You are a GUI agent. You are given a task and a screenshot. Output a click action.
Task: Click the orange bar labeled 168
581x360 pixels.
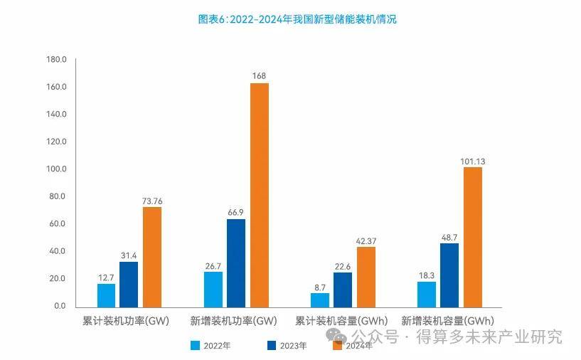point(259,194)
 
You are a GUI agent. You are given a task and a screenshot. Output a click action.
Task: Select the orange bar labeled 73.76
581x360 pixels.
point(152,256)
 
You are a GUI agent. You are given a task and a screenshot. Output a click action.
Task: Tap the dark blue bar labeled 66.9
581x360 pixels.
point(236,263)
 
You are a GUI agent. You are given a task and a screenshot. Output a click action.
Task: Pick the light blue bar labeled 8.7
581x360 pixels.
point(320,300)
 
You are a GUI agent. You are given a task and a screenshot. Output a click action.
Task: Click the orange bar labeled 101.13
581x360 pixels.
point(472,236)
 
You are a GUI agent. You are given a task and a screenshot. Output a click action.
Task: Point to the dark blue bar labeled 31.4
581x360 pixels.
point(129,284)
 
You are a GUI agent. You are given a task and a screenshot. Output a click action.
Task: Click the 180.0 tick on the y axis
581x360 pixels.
point(55,60)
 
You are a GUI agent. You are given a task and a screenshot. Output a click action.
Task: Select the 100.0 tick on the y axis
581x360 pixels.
point(55,169)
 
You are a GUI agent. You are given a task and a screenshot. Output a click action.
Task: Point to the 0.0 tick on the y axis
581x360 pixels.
point(59,306)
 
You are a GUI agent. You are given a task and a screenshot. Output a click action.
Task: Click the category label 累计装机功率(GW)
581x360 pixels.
point(126,321)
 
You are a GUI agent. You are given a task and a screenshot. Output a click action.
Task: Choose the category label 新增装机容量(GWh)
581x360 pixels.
point(448,321)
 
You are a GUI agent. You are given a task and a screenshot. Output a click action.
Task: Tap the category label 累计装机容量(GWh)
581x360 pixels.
point(341,321)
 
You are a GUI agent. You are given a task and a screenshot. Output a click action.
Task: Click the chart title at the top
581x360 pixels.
point(297,20)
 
